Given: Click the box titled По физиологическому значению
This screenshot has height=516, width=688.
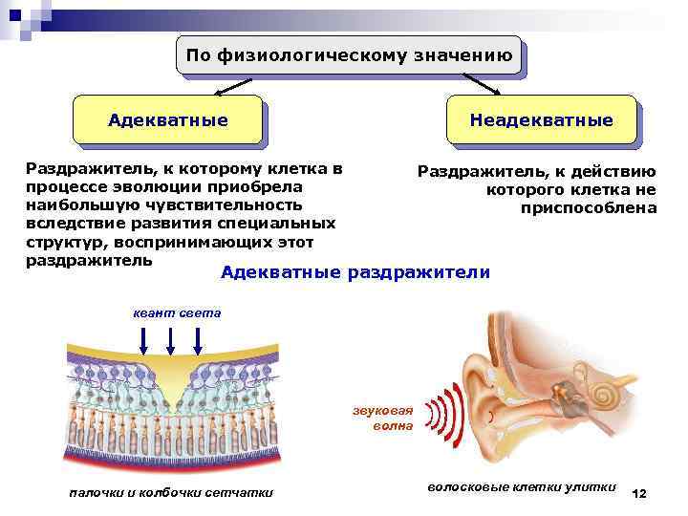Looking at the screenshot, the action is tap(350, 55).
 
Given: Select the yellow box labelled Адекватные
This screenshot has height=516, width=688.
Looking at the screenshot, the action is tap(167, 120).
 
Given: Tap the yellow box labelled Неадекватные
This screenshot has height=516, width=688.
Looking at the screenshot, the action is tap(541, 120).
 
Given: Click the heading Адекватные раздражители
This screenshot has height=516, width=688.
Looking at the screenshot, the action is tap(355, 273).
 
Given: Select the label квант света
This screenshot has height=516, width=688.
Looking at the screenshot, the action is tap(176, 312).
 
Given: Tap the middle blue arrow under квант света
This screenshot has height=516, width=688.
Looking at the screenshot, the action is tap(170, 339).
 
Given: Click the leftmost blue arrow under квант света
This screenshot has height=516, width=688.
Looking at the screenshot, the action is tap(142, 339).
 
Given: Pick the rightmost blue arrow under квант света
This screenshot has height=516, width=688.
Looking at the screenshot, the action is tap(198, 339).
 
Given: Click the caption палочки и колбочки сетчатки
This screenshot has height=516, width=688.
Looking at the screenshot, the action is tap(171, 492).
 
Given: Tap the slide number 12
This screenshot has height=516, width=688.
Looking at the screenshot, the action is tap(639, 492).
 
